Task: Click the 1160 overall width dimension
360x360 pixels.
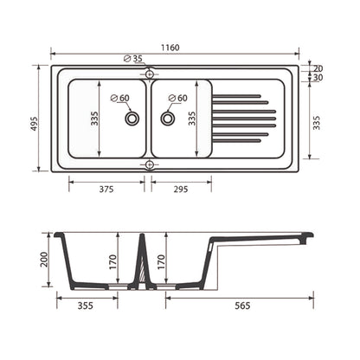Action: pos(170,48)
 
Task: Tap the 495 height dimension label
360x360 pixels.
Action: pos(35,124)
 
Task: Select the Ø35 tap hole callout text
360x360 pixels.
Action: pos(133,59)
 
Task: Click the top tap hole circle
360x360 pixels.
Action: pos(149,74)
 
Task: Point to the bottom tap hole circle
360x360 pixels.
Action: pos(149,164)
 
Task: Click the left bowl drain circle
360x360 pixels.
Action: pos(132,119)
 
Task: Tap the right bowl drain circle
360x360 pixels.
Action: pos(167,119)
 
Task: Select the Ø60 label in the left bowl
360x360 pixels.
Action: pos(120,98)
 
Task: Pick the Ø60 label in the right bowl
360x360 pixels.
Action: pos(178,98)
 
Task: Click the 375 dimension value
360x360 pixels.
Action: pos(106,190)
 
